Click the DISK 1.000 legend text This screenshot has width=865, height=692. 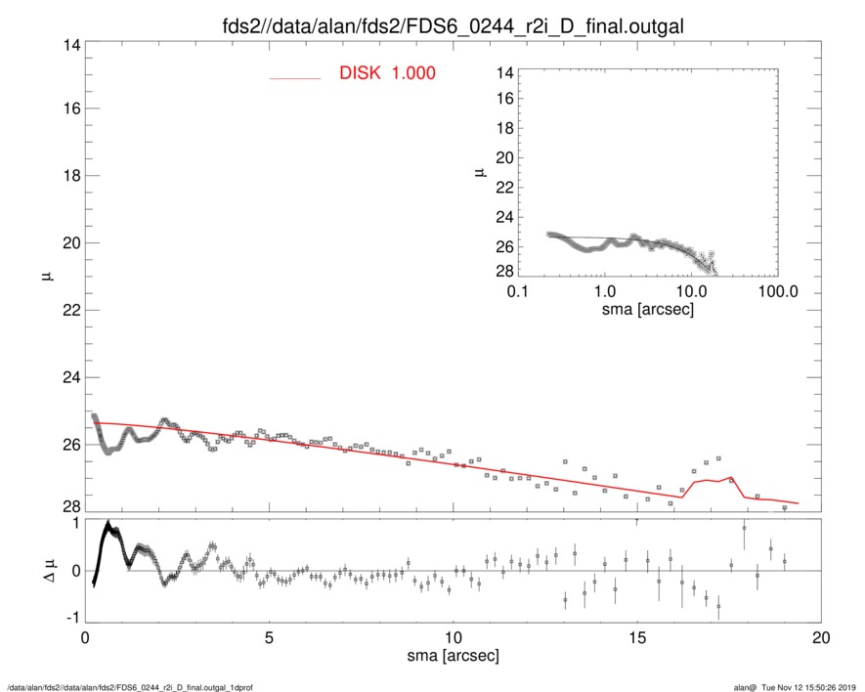coord(387,74)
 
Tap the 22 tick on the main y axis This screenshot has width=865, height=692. coord(69,311)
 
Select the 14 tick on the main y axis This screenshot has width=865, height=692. coord(69,45)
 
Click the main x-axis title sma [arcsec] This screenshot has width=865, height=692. coord(453,658)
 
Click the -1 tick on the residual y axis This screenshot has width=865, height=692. coord(69,618)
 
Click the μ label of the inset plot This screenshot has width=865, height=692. coord(479,173)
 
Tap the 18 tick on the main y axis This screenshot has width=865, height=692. coord(69,176)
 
